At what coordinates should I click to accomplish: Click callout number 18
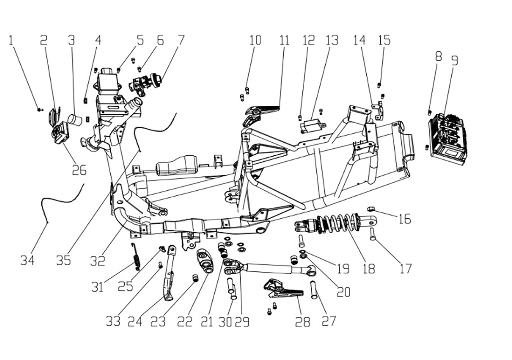(368, 269)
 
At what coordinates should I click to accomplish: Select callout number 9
(454, 60)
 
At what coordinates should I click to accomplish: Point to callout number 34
(27, 260)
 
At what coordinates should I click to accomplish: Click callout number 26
(80, 170)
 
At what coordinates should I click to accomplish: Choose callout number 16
(405, 219)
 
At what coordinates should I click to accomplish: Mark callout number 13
(332, 40)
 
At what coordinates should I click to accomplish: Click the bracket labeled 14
(378, 110)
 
